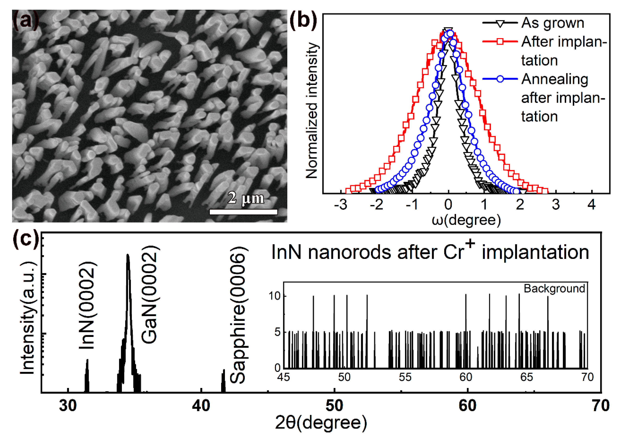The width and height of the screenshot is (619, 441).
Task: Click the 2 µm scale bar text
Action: click(x=245, y=198)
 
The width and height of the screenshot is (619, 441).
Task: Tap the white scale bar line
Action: click(x=243, y=212)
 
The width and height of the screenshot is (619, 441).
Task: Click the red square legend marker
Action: click(x=500, y=42)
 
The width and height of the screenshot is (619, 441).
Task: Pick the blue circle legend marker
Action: click(x=500, y=79)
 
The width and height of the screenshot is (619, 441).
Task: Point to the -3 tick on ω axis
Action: click(x=341, y=204)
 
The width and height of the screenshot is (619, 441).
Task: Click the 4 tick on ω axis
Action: click(x=591, y=204)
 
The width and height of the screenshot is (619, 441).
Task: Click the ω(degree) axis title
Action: click(x=466, y=220)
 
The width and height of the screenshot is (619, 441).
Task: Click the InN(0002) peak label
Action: click(x=87, y=305)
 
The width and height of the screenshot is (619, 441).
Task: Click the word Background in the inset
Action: click(x=554, y=289)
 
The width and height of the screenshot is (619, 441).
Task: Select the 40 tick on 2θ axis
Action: click(x=201, y=406)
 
